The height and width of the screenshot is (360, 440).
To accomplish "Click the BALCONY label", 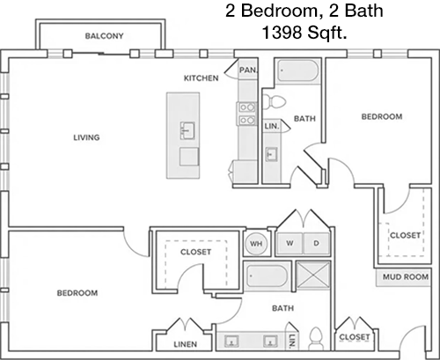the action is tap(104, 36).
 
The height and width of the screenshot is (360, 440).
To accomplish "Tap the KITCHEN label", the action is tap(202, 78).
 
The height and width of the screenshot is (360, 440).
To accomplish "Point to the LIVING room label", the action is tap(86, 137).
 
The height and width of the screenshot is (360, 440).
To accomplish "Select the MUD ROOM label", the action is tap(406, 276).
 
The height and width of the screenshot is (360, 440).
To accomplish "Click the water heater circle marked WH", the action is tap(256, 244).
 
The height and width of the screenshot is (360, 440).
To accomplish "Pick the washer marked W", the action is tap(290, 244).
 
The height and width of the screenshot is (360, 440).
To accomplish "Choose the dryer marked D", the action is tap(316, 244).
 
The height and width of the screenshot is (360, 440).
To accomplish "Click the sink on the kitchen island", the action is tap(187, 130).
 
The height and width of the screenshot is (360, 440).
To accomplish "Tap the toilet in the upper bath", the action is tap(274, 102).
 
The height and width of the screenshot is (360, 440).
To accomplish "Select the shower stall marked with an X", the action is tap(313, 276).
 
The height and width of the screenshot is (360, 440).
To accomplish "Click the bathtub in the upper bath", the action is tap(297, 71).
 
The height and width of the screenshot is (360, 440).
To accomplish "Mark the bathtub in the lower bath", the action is tap(268, 276).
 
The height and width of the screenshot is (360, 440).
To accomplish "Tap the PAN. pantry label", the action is tap(249, 70).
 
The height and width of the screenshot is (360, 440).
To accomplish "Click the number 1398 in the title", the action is tap(282, 32).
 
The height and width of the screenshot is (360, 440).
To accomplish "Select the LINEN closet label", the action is tap(186, 344).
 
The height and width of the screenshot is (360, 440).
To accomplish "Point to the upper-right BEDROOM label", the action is tap(382, 117).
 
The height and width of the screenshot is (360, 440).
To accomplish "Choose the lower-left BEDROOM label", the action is tap(77, 293).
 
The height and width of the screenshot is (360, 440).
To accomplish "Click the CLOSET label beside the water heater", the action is tap(195, 252).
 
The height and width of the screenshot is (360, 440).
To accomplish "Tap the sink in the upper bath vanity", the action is tap(271, 154).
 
